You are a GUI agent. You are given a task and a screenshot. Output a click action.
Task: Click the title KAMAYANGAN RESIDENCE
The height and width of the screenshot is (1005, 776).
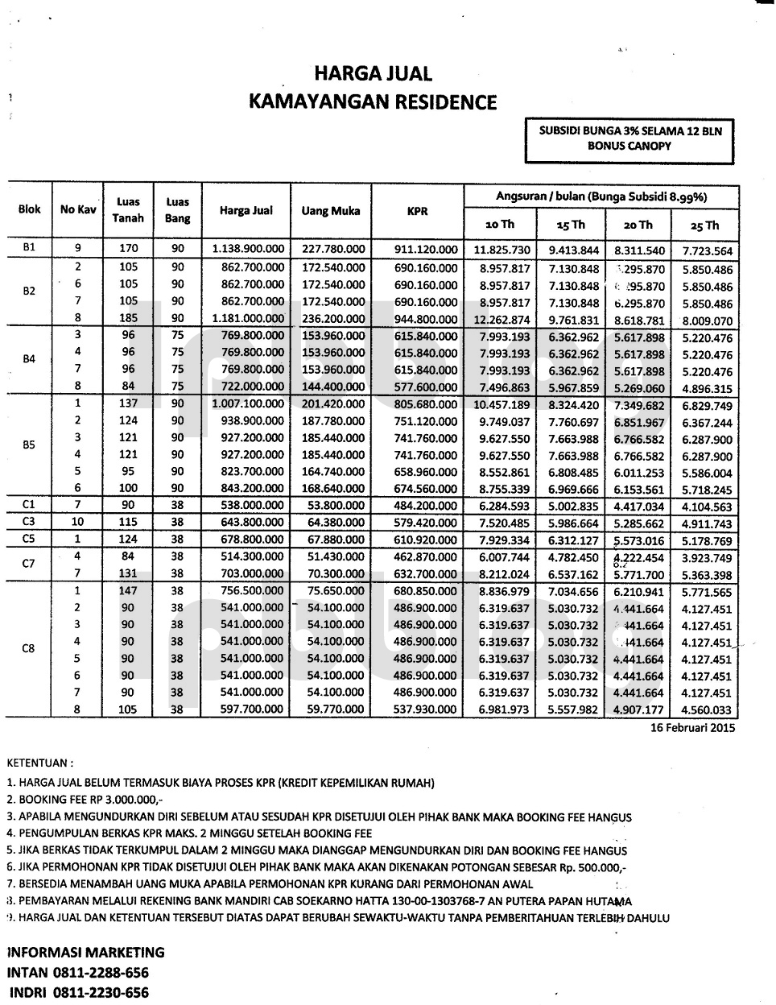(373, 102)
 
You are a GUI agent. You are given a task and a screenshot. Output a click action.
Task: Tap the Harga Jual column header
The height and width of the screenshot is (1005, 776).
(246, 211)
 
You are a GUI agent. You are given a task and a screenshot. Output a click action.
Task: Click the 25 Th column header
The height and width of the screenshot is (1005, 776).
(700, 225)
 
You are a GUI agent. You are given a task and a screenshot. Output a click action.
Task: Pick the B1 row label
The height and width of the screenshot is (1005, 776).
(29, 248)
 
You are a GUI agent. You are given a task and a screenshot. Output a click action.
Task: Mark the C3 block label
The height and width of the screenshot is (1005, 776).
(29, 522)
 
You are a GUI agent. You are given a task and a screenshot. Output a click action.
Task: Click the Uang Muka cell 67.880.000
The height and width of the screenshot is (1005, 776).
(336, 540)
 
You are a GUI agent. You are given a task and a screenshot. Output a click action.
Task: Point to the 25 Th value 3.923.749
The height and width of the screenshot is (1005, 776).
(707, 558)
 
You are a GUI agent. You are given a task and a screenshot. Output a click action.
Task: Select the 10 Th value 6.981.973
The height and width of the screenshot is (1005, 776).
(504, 709)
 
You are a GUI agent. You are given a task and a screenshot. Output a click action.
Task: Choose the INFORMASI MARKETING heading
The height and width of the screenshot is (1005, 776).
(85, 952)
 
